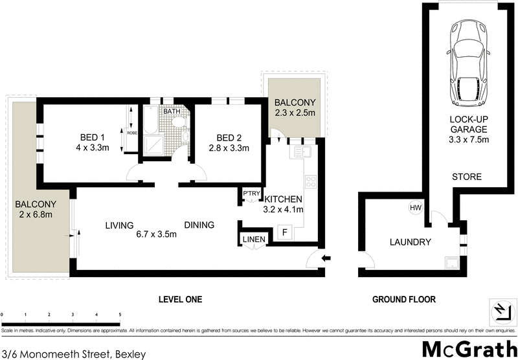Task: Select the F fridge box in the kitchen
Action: click(x=283, y=231)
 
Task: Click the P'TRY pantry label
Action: click(x=251, y=194)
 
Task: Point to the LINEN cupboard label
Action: click(x=254, y=240)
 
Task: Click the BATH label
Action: click(x=172, y=111)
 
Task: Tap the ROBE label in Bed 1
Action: click(x=131, y=133)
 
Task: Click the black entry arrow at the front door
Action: click(x=326, y=258)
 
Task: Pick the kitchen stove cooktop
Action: click(x=310, y=183)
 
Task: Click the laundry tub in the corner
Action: click(x=451, y=262)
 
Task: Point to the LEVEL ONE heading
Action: click(x=181, y=300)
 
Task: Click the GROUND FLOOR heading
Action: click(x=403, y=300)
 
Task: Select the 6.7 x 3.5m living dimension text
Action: click(x=156, y=235)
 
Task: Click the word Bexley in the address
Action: click(x=130, y=354)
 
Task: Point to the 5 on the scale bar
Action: click(x=120, y=315)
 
